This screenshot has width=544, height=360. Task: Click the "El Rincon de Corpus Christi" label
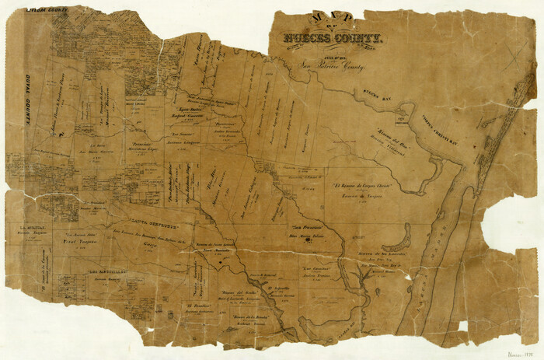point(360,187)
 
